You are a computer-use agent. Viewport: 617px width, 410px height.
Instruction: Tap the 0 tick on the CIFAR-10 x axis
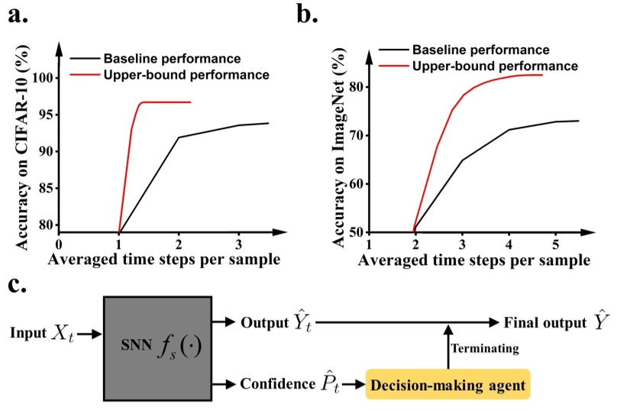[x=60, y=244]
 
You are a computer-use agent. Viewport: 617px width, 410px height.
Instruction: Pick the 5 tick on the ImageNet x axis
[x=556, y=245]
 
